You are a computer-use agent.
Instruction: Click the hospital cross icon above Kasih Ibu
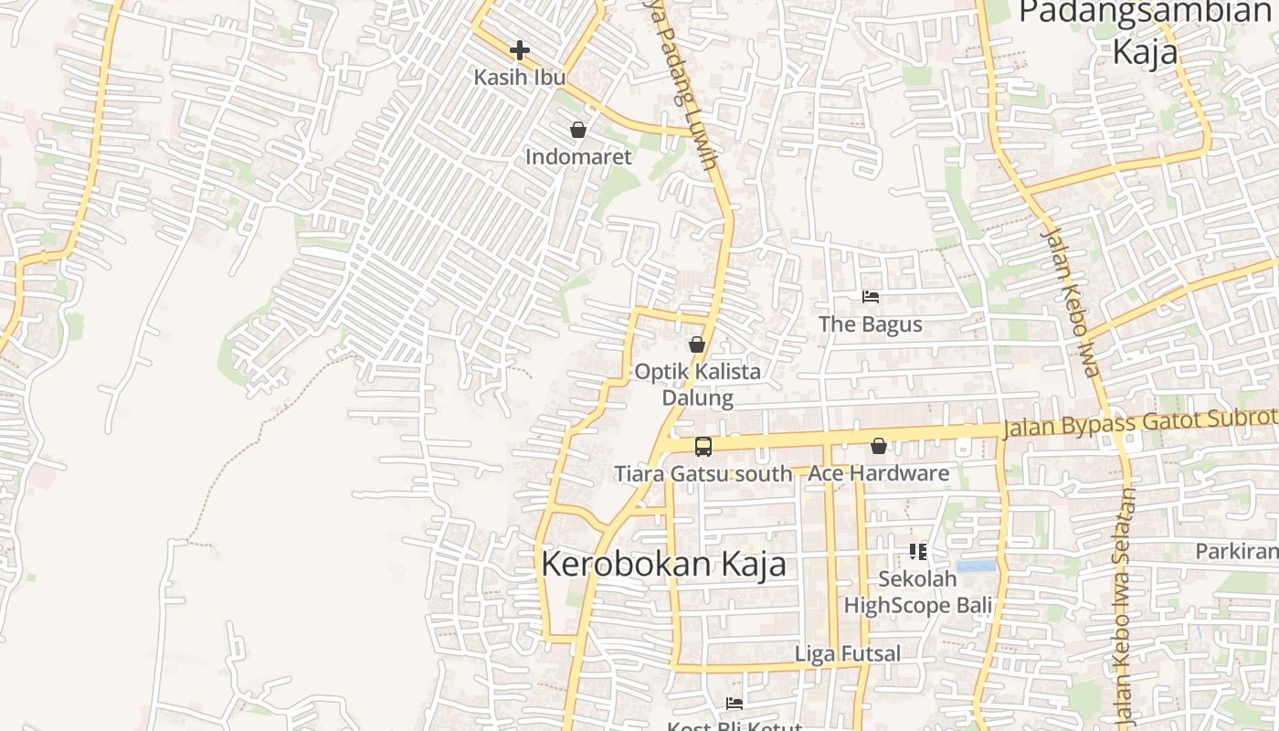coord(520,49)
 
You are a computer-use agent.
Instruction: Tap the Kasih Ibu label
coord(520,77)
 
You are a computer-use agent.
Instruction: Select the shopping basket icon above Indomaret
coord(577,130)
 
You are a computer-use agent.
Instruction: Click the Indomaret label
coord(578,156)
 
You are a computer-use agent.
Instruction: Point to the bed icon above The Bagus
coord(871,297)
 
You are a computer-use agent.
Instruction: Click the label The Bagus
coord(871,324)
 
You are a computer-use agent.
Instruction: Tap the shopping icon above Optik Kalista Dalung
coord(697,344)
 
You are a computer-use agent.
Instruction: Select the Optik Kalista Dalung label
coord(698,385)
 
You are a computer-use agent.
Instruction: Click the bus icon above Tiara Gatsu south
coord(703,447)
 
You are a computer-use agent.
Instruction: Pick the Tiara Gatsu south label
coord(703,473)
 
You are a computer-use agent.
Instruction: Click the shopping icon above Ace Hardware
coord(878,446)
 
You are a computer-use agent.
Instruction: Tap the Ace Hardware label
coord(878,473)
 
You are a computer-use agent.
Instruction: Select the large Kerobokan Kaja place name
coord(663,564)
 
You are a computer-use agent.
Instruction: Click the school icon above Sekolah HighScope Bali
coord(918,551)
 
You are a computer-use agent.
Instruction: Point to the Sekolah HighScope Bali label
coord(917,592)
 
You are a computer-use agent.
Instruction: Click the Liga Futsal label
coord(848,653)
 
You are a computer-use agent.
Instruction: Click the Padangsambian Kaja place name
coord(1145,32)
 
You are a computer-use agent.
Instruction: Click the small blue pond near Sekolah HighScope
coord(976,566)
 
